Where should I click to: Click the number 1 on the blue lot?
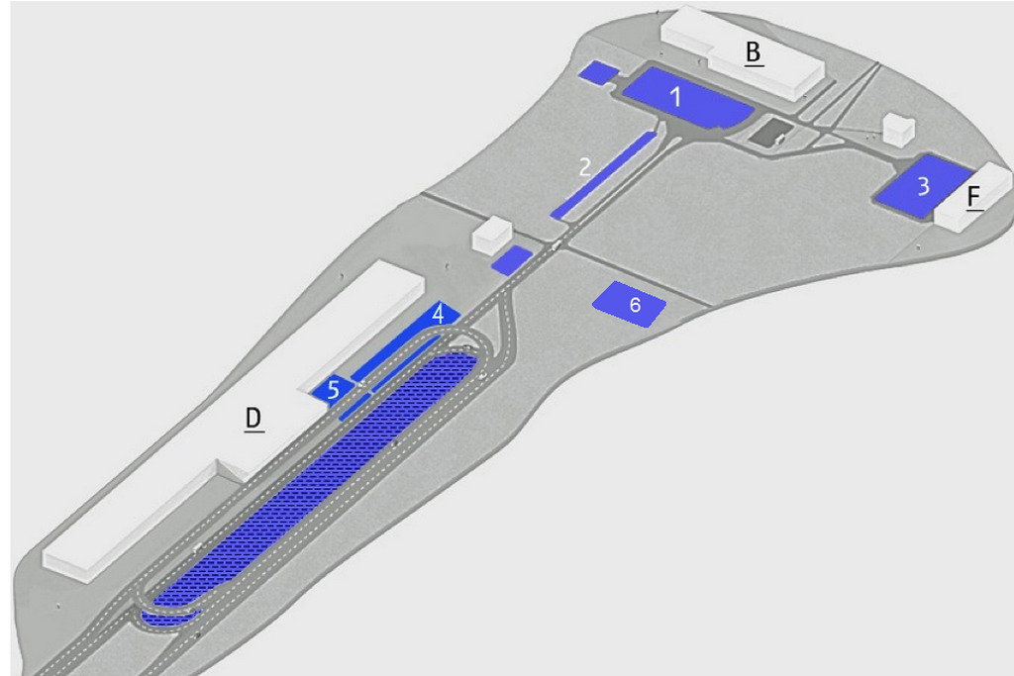(x=675, y=97)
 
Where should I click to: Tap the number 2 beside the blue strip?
(x=584, y=166)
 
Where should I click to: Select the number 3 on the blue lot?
(x=924, y=186)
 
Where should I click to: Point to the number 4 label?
(x=439, y=315)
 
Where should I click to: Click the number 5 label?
(x=333, y=390)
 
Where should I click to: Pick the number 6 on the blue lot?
(x=635, y=305)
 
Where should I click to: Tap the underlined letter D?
(x=253, y=419)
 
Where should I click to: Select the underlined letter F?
(x=974, y=197)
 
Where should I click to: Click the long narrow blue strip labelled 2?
(x=603, y=174)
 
